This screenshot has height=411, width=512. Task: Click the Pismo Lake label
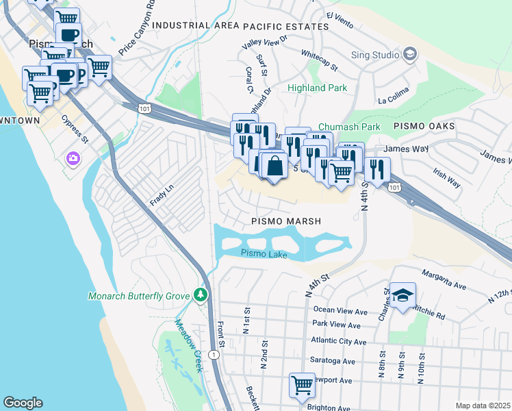[264, 253]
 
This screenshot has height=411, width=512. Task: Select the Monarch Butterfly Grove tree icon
[201, 295]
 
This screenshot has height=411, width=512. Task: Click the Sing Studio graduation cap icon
[410, 53]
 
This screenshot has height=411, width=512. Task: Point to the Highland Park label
[317, 88]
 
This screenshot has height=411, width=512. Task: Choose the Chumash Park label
[349, 127]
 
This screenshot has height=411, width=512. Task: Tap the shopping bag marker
[274, 166]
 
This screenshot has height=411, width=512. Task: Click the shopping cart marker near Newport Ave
[301, 385]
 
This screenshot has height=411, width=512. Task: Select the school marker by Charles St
[403, 295]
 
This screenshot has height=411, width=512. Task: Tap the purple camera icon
[73, 159]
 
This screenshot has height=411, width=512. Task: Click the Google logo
[23, 403]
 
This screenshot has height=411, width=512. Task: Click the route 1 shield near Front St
[215, 354]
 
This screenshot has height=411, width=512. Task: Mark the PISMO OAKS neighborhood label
[424, 127]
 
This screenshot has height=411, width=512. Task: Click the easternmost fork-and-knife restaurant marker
[377, 168]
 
